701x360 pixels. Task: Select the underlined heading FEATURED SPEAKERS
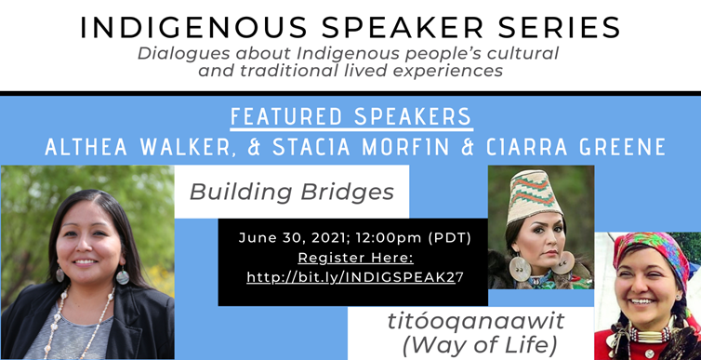click(350, 117)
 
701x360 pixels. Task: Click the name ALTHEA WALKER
click(132, 146)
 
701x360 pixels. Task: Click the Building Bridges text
click(292, 192)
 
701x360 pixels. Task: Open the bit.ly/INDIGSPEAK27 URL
click(354, 276)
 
